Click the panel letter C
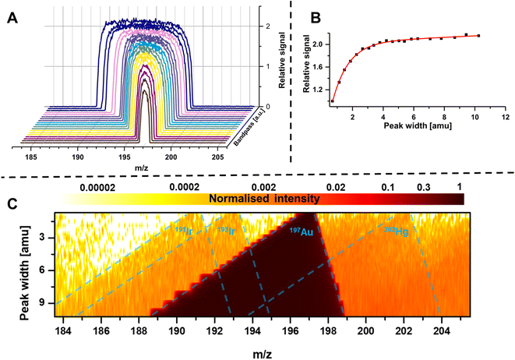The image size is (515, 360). click(x=13, y=203)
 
